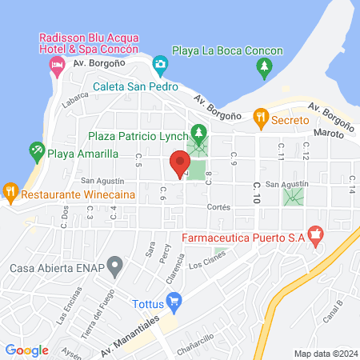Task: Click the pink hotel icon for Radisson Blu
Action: [x=56, y=67]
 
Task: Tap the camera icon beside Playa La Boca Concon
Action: [x=160, y=62]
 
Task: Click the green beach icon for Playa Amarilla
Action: [x=36, y=150]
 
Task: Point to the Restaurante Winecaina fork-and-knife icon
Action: [x=10, y=192]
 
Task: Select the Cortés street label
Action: [x=218, y=206]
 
